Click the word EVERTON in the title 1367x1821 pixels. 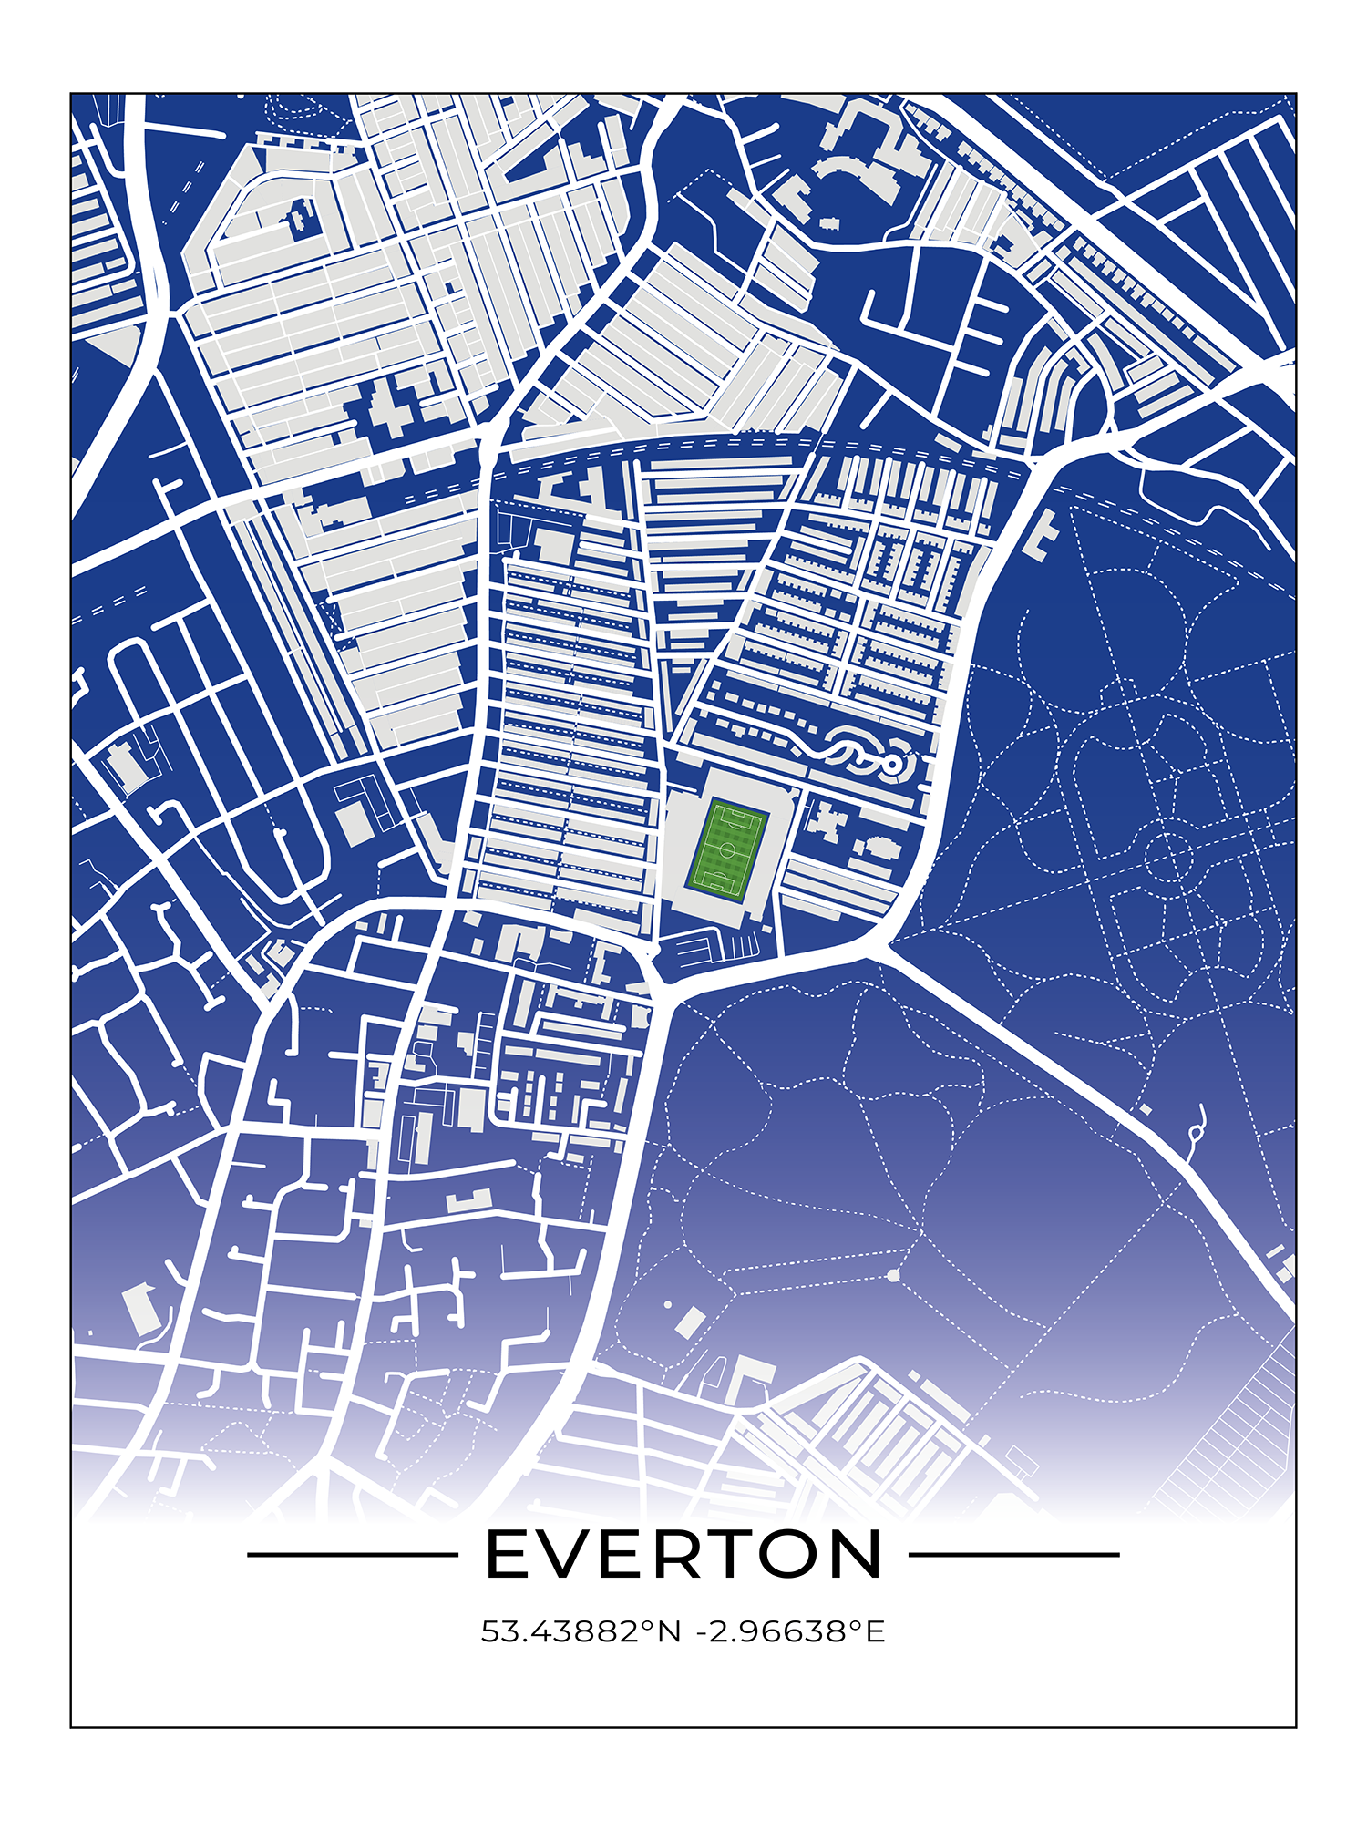click(x=683, y=1555)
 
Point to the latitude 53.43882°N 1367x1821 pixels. click(x=581, y=1631)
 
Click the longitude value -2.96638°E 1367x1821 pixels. click(x=790, y=1631)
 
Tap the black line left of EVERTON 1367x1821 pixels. click(x=352, y=1555)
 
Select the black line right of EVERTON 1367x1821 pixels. click(x=1013, y=1555)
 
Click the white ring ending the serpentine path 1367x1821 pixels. click(x=893, y=761)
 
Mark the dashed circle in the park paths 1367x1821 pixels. click(x=1168, y=858)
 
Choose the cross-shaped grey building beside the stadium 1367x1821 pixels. click(x=823, y=822)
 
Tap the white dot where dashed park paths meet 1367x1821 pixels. click(x=893, y=1275)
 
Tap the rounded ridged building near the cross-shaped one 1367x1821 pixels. click(x=880, y=848)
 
